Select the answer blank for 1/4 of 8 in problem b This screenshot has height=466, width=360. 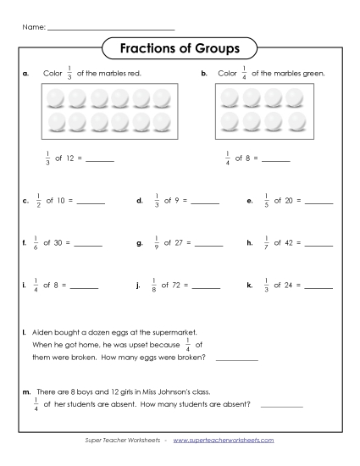pos(276,159)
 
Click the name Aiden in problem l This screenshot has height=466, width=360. pos(42,333)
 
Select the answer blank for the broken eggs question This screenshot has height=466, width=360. pos(237,359)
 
